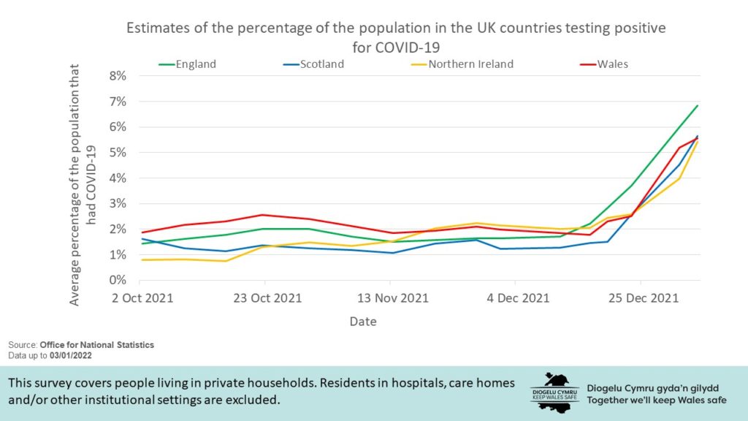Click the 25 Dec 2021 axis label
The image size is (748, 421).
click(641, 298)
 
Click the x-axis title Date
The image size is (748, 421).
click(363, 321)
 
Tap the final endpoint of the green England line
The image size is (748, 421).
click(698, 105)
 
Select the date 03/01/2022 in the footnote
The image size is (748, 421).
click(71, 355)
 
